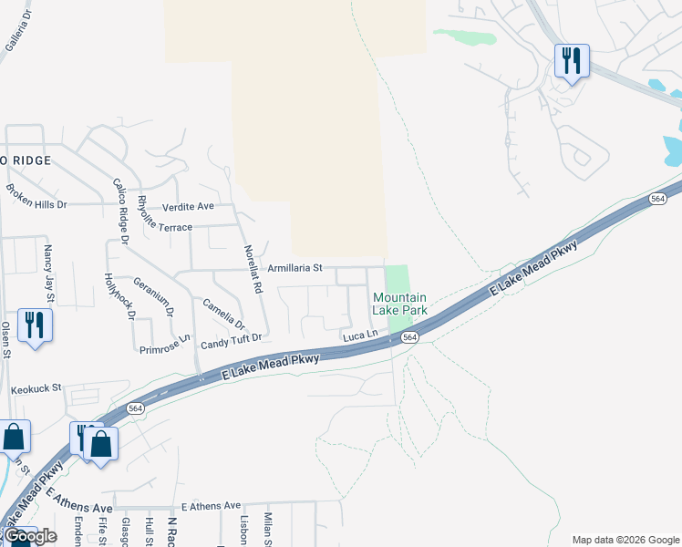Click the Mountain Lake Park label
click(399, 304)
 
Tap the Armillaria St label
click(295, 268)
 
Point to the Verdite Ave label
click(188, 206)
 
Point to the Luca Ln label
click(359, 336)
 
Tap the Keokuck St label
click(36, 388)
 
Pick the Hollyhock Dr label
click(119, 296)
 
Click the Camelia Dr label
click(224, 314)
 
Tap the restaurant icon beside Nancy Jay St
click(35, 325)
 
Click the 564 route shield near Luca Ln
click(410, 337)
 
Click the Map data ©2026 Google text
click(625, 540)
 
